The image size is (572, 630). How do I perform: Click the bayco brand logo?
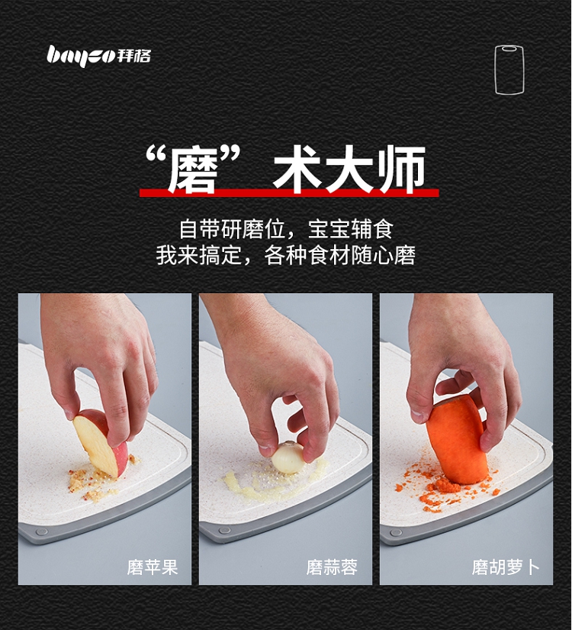98,56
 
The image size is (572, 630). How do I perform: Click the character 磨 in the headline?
194,170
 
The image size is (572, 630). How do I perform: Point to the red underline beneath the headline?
289,193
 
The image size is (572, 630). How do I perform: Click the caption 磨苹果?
153,567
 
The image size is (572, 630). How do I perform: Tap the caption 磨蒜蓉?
332,567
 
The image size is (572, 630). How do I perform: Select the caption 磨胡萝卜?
506,567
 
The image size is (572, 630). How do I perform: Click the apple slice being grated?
101,442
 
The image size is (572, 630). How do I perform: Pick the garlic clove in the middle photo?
288,457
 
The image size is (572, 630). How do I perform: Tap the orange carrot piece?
458,438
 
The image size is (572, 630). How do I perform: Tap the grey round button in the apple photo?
42,533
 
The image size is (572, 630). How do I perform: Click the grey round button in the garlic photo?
224,532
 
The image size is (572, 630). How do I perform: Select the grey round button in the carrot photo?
397,533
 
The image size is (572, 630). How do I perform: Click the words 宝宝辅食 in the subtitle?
350,229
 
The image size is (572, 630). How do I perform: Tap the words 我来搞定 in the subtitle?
199,255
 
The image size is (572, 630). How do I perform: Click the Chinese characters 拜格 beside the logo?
133,56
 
